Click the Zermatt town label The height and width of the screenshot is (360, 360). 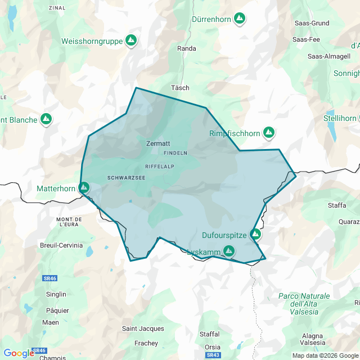point(157,143)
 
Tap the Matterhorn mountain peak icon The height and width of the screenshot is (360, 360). point(84,187)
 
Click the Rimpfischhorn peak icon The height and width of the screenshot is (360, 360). point(269,132)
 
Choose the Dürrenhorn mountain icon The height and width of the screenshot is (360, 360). point(240,19)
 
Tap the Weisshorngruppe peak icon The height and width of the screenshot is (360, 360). point(131,40)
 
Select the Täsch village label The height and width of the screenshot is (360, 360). point(181,88)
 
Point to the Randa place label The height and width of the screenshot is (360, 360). point(187,48)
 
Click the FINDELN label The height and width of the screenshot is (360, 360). point(175,153)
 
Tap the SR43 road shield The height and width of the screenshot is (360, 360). point(213,355)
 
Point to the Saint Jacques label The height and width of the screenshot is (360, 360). point(143,328)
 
